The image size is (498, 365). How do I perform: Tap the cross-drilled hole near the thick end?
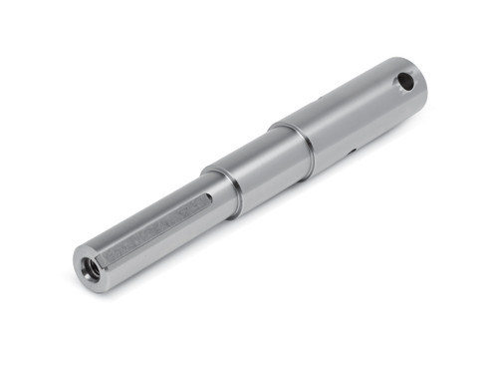click(405, 82)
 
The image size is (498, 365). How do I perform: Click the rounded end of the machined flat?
click(206, 199)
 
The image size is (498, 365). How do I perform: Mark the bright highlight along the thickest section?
click(349, 100)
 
